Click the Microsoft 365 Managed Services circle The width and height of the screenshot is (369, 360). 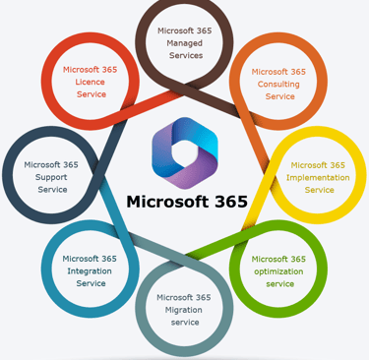(184, 42)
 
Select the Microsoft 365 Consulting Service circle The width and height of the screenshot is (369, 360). (279, 84)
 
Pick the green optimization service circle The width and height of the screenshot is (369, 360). (279, 271)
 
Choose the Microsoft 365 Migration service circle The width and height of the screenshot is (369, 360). (184, 310)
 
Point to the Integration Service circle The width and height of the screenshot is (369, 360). (91, 271)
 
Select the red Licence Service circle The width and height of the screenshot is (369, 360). (91, 83)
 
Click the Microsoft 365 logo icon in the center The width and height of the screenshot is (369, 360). (184, 153)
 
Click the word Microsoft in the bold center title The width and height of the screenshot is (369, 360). (167, 202)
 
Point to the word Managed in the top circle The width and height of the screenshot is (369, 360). (184, 43)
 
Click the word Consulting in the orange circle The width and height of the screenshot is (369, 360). (279, 84)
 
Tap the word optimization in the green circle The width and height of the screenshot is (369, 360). (279, 271)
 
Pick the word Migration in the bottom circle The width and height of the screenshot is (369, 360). (184, 310)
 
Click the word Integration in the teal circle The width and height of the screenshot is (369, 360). (91, 271)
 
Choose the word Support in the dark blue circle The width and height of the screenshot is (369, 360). (52, 177)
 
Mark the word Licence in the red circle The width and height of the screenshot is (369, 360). (91, 83)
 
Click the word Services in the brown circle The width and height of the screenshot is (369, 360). (184, 56)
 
